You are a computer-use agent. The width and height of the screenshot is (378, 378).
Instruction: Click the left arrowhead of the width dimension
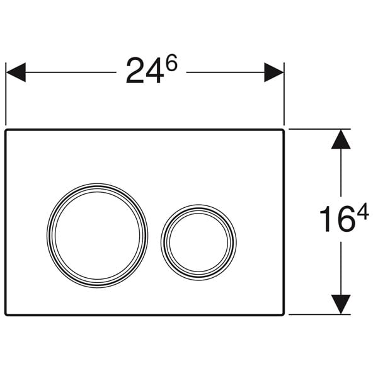[x=16, y=72]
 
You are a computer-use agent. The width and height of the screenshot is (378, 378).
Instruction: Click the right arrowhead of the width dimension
[x=274, y=72]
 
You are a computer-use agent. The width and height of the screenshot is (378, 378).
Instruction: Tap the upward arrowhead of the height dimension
[x=341, y=139]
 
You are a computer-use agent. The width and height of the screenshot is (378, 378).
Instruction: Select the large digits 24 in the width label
[x=145, y=71]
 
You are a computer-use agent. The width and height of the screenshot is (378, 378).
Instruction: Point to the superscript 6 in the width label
[x=171, y=62]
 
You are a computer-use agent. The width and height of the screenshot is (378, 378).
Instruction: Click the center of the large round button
[x=98, y=235]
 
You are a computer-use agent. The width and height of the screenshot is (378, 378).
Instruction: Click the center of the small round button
[x=198, y=243]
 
